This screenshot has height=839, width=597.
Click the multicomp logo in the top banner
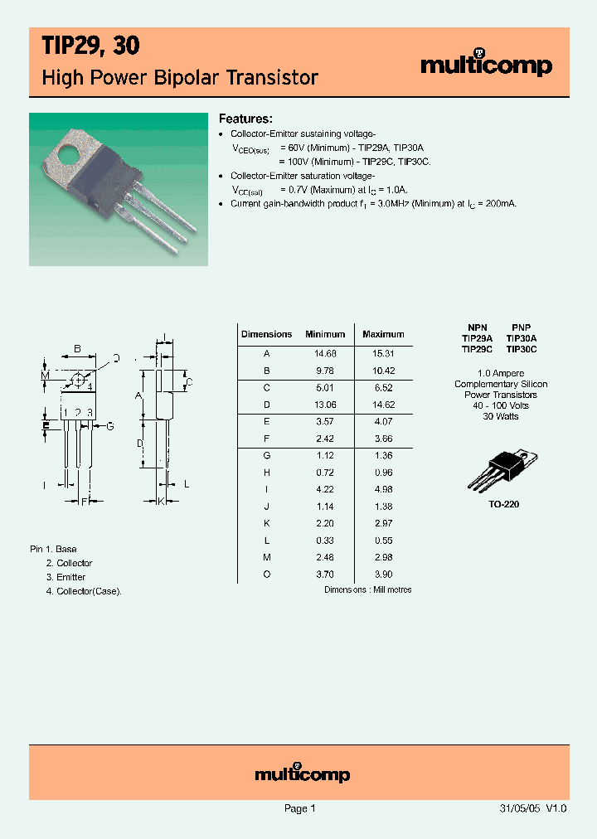pos(486,65)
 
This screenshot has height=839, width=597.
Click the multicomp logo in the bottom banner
pos(302,774)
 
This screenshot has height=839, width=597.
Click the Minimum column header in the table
pos(325,334)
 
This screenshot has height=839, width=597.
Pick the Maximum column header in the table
pos(383,334)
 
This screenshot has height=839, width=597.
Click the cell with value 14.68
pos(325,353)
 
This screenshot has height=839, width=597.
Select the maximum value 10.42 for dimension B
pos(383,371)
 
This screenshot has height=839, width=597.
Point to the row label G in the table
pos(267,455)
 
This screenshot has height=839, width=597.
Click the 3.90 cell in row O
pos(383,574)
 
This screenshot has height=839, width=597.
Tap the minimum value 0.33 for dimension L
pos(325,540)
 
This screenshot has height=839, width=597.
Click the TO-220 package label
pos(504,503)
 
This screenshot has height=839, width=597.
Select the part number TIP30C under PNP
pos(522,349)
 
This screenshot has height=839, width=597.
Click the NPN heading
pos(477,327)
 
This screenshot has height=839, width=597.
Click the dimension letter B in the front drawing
pos(77,349)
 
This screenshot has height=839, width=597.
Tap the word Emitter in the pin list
pos(71,577)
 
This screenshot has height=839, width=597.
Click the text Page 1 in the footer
pos(299,808)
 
